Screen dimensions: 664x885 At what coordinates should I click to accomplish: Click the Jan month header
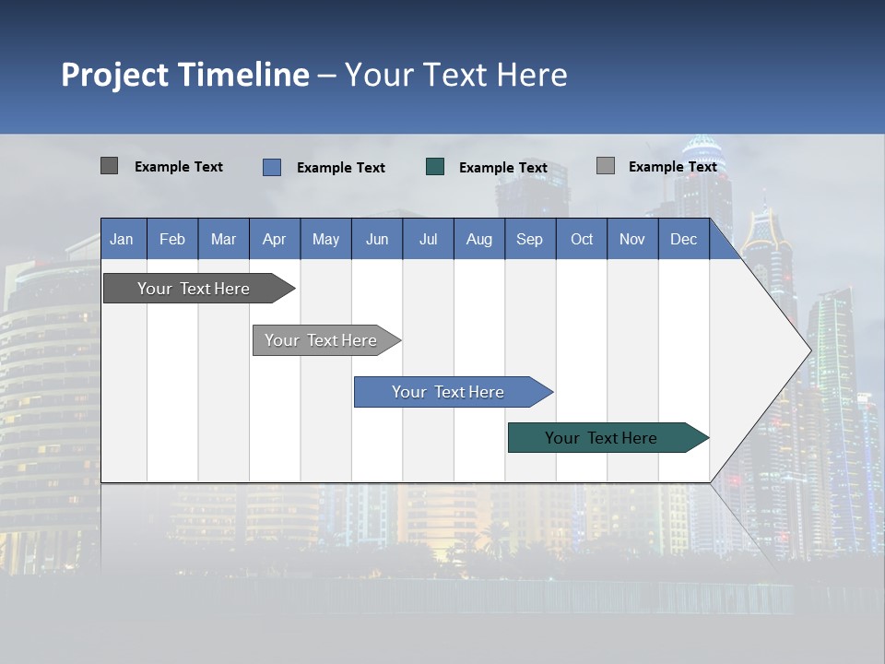pos(123,239)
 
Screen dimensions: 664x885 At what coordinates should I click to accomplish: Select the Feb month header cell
pos(172,239)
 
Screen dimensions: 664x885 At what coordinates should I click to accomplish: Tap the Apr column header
pos(275,239)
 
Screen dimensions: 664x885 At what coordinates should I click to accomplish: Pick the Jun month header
pos(377,239)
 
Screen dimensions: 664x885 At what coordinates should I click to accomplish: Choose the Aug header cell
pos(479,239)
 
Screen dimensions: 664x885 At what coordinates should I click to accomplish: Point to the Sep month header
pos(530,239)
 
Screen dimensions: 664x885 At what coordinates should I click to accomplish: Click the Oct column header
pos(582,239)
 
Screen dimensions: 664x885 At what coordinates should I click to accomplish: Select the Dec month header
pos(684,239)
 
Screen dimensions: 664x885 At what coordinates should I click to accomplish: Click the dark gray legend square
pos(109,166)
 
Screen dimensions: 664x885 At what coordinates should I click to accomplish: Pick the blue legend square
pos(272,167)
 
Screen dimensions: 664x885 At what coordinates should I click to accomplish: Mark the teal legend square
pos(435,167)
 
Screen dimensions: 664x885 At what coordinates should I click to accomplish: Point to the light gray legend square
pos(606,166)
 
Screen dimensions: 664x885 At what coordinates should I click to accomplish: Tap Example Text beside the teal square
pos(503,168)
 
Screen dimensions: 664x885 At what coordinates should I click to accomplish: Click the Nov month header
pos(632,239)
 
